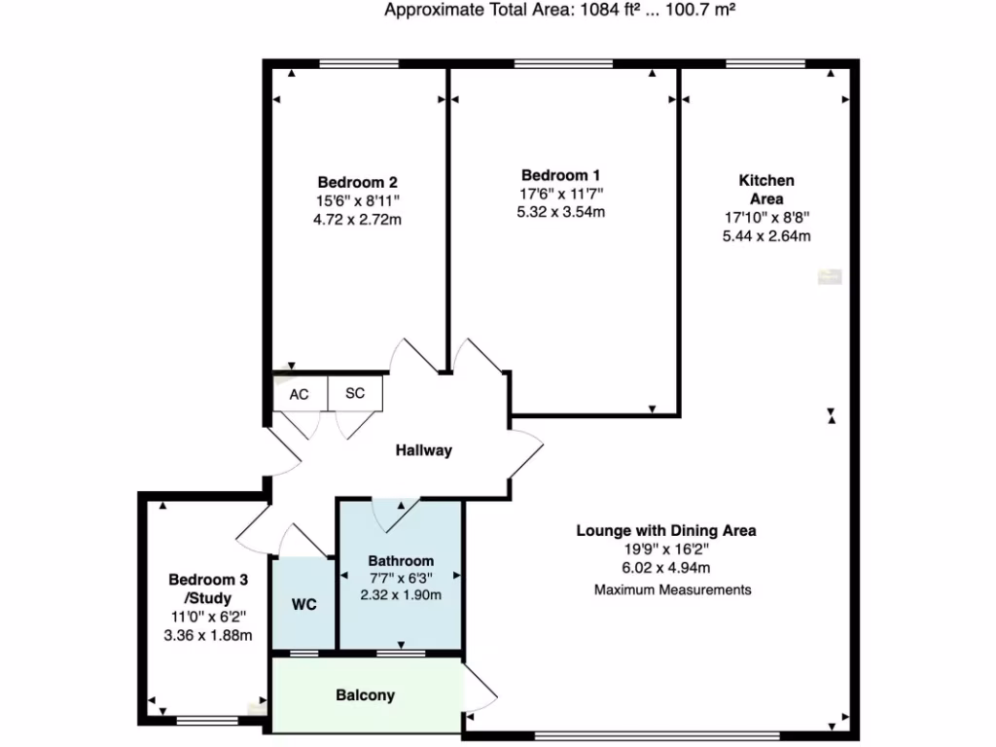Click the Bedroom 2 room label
(357, 182)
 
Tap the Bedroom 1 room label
(560, 175)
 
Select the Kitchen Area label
(766, 190)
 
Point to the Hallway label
(423, 450)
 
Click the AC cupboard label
(299, 395)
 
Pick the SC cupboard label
(355, 395)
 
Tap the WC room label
(302, 603)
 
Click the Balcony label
(365, 695)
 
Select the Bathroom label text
(401, 561)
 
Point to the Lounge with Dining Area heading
(666, 531)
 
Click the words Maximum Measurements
(673, 589)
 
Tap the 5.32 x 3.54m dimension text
(561, 211)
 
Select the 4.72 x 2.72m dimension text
(358, 219)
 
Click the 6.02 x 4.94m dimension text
(667, 568)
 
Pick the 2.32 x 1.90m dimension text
(401, 594)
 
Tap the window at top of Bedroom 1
(563, 64)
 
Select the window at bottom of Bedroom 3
(207, 721)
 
